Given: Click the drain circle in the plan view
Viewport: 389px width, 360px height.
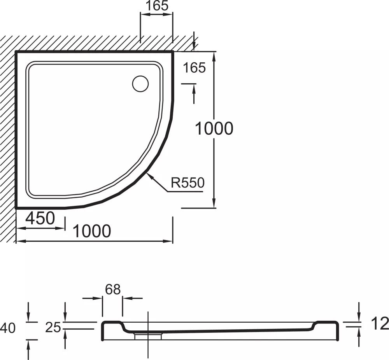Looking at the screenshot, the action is [x=140, y=84].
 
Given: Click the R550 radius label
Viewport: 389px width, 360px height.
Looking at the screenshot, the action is [x=187, y=183].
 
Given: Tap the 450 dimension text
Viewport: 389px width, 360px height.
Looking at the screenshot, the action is [x=40, y=218].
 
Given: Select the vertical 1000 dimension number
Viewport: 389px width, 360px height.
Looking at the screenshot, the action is [x=214, y=128].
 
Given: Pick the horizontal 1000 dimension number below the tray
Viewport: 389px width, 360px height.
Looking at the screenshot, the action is [x=92, y=231].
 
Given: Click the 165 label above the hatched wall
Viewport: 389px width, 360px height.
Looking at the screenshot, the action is [x=157, y=6].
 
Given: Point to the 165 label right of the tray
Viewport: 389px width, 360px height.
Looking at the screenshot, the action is [x=194, y=68].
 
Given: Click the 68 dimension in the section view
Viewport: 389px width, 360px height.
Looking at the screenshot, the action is [x=113, y=290].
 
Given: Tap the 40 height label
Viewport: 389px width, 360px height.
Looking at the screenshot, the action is [x=8, y=328].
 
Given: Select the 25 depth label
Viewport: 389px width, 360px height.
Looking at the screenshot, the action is [x=53, y=327].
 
